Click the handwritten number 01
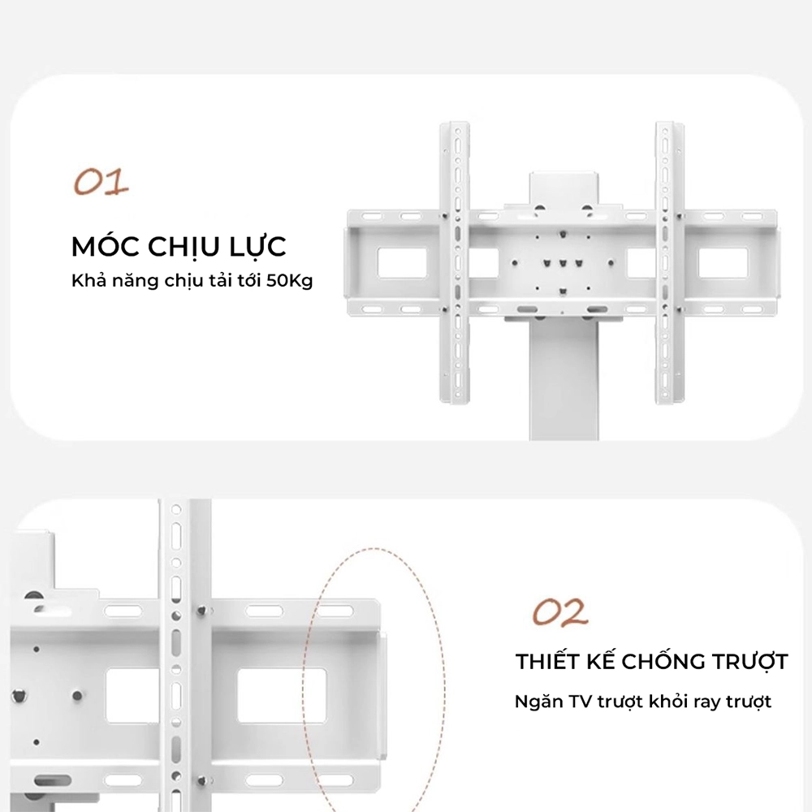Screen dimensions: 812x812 coord(101,182)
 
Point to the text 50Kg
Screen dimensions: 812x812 coord(290,281)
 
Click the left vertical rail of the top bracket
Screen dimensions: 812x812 coord(455,262)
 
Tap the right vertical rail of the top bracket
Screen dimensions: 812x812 coord(670,262)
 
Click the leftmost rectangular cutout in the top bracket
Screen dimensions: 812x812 coord(402,263)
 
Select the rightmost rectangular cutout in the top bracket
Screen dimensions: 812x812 coord(723,263)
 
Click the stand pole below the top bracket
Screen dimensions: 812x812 coord(564,379)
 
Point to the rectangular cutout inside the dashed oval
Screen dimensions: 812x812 coord(282,696)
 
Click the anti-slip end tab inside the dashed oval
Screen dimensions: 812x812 coord(383,697)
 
